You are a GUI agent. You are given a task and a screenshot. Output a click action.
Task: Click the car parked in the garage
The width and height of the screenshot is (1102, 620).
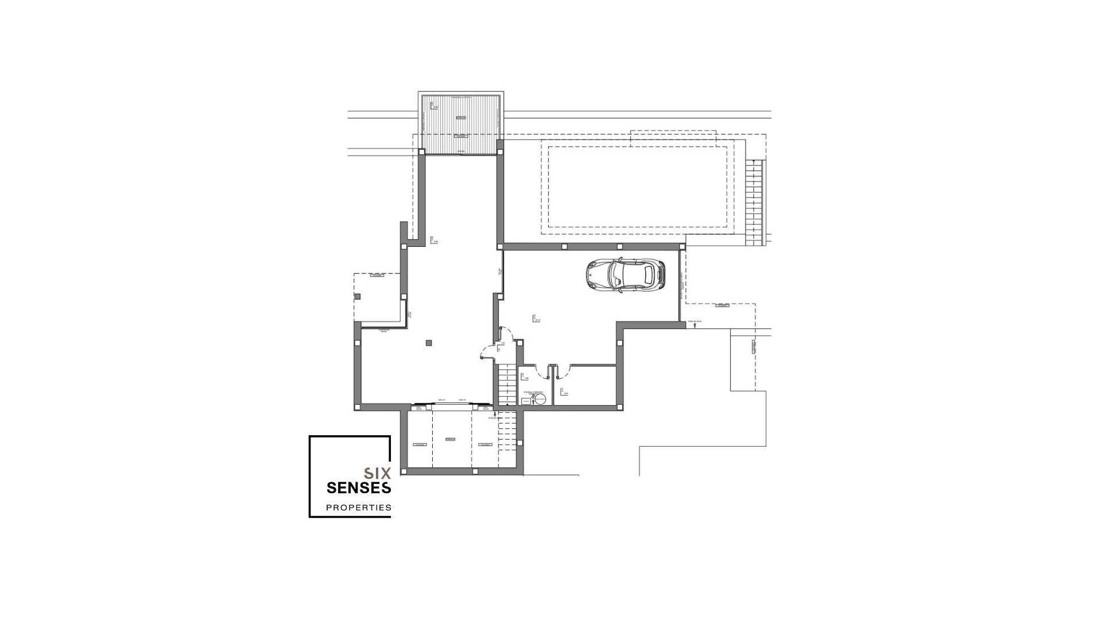coord(626,275)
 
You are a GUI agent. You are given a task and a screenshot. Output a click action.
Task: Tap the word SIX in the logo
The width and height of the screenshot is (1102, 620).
coord(378,474)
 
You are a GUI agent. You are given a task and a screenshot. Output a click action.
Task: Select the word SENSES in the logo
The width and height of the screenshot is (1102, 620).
coord(359,488)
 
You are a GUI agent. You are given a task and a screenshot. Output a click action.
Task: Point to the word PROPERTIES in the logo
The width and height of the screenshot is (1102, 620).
coord(359,507)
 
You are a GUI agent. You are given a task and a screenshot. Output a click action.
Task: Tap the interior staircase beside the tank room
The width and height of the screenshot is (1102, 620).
coord(506,384)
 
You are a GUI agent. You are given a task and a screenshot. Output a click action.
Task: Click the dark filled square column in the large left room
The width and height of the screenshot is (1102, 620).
coord(429,343)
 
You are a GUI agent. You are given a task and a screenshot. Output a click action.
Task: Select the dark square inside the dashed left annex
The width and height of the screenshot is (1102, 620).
coord(357,296)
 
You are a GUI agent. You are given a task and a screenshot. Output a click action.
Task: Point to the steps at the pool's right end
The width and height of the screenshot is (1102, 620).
coord(755,202)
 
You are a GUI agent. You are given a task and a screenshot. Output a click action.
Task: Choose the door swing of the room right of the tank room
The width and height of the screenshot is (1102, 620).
coord(561,372)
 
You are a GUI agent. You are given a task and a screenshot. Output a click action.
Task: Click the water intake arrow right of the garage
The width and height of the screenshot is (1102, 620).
coord(695,325)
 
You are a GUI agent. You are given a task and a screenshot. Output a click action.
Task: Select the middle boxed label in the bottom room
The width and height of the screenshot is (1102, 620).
coord(450,439)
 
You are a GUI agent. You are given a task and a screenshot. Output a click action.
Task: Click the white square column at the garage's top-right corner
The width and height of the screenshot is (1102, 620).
coord(682,246)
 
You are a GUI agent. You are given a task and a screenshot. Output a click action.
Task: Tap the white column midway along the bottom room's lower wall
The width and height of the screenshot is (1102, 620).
coord(475,471)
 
